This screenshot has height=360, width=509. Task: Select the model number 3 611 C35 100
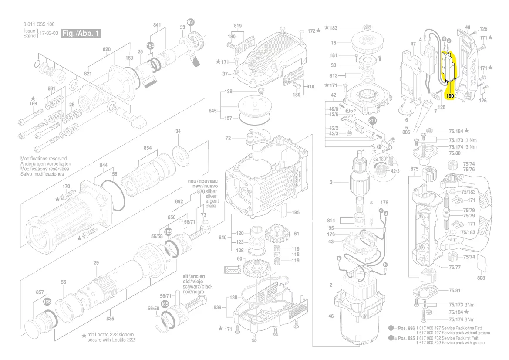pos(39,24)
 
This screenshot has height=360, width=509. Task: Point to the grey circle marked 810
pos(373,120)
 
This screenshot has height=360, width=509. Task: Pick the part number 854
pos(148,148)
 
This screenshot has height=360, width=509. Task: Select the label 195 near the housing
pos(296,212)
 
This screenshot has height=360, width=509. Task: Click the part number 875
pos(415,169)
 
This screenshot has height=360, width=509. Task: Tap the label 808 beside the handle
pos(481,278)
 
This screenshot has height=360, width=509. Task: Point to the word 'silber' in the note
pos(211,191)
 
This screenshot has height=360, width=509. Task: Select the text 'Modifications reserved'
pos(44,159)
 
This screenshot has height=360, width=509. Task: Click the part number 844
pos(103,165)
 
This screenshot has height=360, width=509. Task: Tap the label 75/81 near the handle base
pos(455,290)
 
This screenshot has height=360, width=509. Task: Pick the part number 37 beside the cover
pos(226,74)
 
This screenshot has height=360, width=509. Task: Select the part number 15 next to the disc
pos(334,43)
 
